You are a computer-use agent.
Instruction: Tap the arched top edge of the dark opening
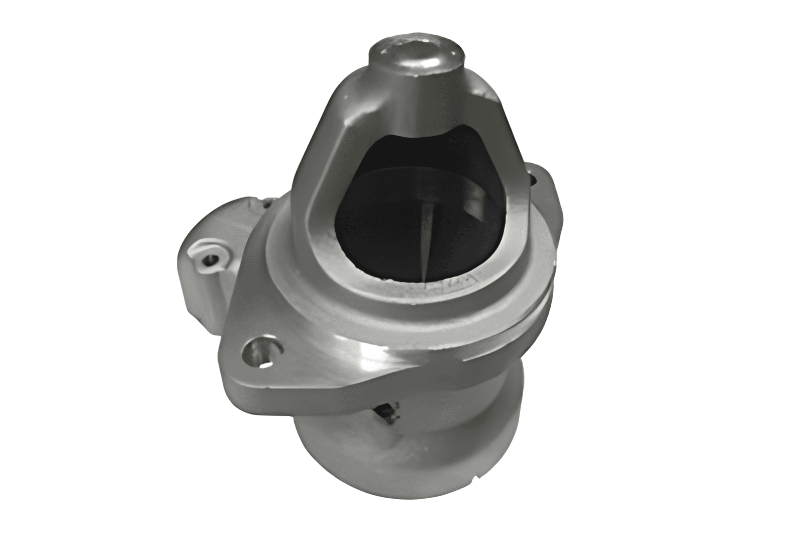pos(427,132)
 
